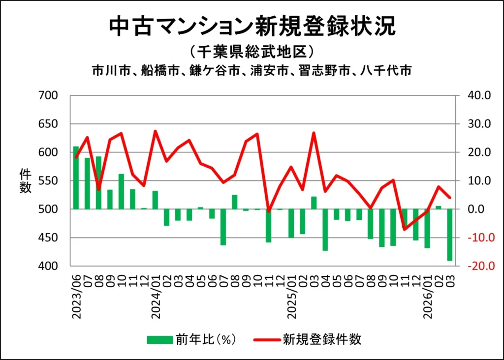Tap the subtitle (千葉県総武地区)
252,52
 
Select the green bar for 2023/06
76,178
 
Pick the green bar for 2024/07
223,227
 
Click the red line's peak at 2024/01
156,131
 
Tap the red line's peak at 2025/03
314,133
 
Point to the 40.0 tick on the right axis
473,95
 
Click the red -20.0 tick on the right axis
473,266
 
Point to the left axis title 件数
25,180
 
